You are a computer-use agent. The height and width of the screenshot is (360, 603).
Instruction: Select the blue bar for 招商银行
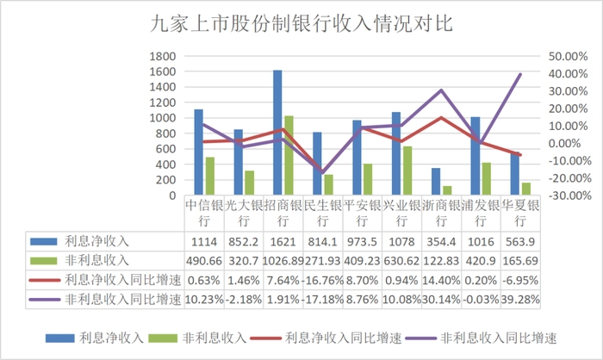point(277,133)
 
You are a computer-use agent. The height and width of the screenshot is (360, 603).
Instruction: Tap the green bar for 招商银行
point(289,155)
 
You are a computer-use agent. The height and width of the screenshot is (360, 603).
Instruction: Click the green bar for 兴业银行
point(408,171)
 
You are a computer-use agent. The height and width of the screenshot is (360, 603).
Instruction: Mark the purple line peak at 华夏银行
point(520,74)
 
